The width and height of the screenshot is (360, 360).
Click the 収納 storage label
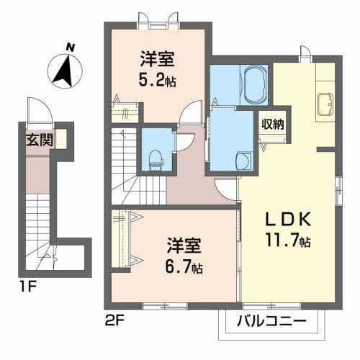click(272, 123)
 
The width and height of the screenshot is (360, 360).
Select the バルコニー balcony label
click(271, 321)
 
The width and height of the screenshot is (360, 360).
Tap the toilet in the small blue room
click(155, 159)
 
